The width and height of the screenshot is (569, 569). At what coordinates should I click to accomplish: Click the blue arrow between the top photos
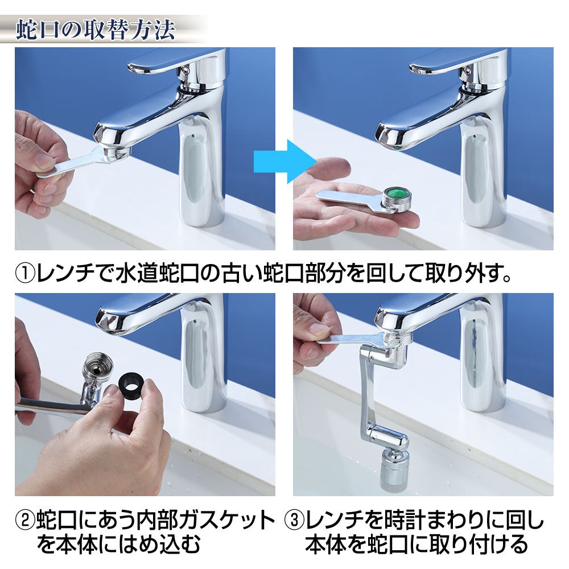[x=283, y=161]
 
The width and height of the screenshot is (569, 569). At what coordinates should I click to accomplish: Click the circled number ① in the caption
[x=25, y=273]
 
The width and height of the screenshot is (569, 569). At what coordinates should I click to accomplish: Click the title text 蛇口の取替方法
[x=96, y=30]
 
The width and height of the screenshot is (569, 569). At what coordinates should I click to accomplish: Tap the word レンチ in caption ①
[x=65, y=273]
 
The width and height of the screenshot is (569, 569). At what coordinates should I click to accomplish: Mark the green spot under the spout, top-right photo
[x=397, y=149]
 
